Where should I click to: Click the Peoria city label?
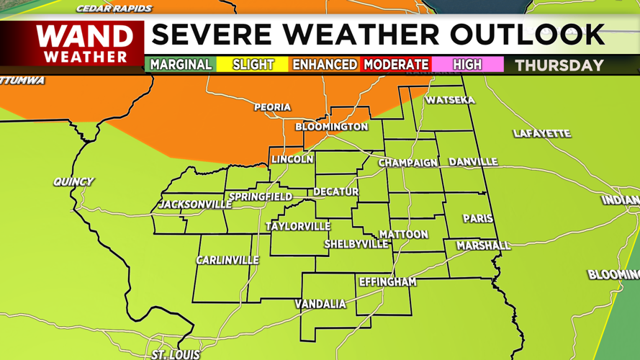tap(272, 107)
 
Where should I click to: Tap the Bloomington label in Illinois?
tap(332, 127)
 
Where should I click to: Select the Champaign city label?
tap(408, 163)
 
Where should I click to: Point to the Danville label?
tap(473, 162)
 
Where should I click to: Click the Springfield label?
tap(261, 197)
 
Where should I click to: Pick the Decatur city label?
tap(335, 192)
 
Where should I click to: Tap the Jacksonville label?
tap(195, 204)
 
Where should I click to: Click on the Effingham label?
tap(387, 282)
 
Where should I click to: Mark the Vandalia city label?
tap(320, 304)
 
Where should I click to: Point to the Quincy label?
tap(73, 182)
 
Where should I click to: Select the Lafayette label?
tap(542, 133)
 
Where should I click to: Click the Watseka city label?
tap(450, 100)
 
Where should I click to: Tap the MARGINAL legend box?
tap(181, 65)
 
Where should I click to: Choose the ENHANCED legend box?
tap(325, 65)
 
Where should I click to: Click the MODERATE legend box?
tap(396, 65)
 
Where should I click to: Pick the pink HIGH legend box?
tap(467, 65)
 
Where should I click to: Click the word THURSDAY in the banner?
tap(559, 66)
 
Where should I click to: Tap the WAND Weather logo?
tap(85, 44)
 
